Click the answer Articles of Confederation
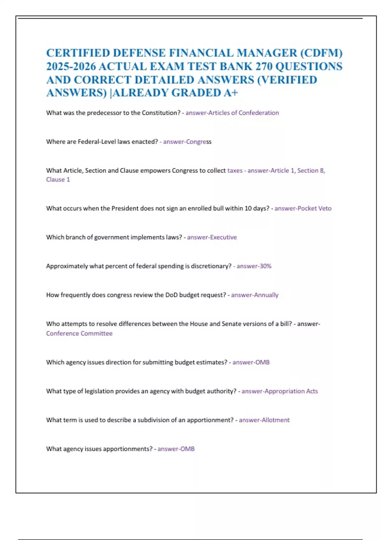coord(243,113)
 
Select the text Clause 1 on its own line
coord(58,179)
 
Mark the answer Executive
coord(224,237)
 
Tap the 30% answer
coord(265,266)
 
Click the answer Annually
coord(266,295)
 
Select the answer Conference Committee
coord(79,334)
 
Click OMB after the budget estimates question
coord(263,362)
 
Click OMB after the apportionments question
coord(187,449)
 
